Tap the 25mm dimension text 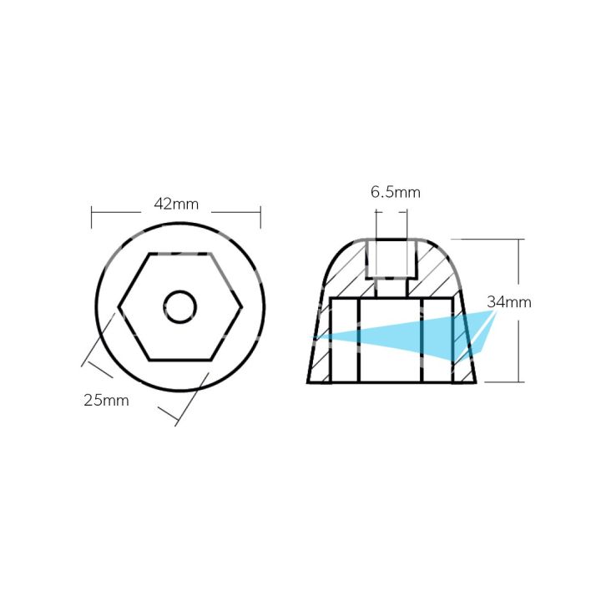click(x=106, y=400)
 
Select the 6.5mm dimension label click(x=396, y=193)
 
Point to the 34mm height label click(x=508, y=302)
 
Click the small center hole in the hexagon click(x=180, y=307)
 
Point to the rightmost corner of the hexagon click(x=242, y=307)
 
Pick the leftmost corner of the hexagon click(x=119, y=307)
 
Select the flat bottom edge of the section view click(x=392, y=382)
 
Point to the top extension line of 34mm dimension click(x=492, y=240)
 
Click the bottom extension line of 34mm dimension click(x=501, y=382)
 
